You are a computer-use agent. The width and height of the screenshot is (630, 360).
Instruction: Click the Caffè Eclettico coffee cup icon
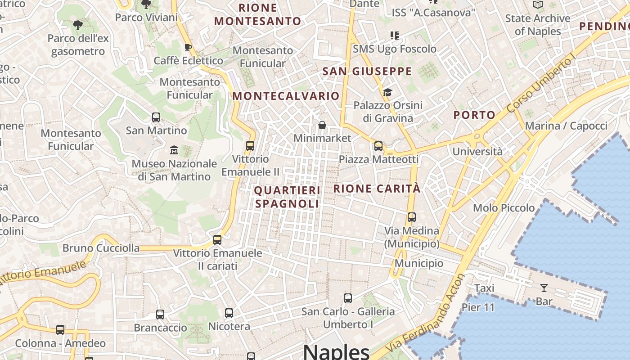tap(188, 47)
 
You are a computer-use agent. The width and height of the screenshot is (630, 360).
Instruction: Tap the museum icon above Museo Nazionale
tap(174, 150)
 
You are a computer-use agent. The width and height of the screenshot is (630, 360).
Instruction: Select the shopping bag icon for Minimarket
tap(322, 125)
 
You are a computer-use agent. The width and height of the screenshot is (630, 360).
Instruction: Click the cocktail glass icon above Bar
tap(544, 288)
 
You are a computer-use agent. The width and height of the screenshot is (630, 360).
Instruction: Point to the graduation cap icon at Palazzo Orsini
tap(387, 92)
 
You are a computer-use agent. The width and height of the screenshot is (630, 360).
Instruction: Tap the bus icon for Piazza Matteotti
tap(378, 146)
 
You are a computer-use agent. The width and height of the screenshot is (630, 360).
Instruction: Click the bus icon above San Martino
tap(156, 117)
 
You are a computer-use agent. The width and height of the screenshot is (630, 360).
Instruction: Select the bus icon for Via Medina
tap(411, 217)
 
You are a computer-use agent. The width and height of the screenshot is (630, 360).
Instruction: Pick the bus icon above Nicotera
tap(229, 313)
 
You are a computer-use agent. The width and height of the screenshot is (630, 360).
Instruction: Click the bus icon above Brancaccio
tap(160, 315)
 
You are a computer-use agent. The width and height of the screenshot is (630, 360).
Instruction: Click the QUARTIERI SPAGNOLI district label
tap(287, 197)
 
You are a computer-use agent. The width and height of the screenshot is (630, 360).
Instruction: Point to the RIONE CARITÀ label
tap(377, 189)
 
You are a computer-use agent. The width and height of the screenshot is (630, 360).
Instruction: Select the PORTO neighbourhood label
tap(474, 115)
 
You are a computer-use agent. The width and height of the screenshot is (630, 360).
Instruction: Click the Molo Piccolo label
tap(504, 208)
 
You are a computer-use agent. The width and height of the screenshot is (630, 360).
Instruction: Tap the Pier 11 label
tap(478, 308)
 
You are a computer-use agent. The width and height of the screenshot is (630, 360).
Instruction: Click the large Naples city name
tap(336, 351)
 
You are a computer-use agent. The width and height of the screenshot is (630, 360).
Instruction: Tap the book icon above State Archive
tap(538, 5)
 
